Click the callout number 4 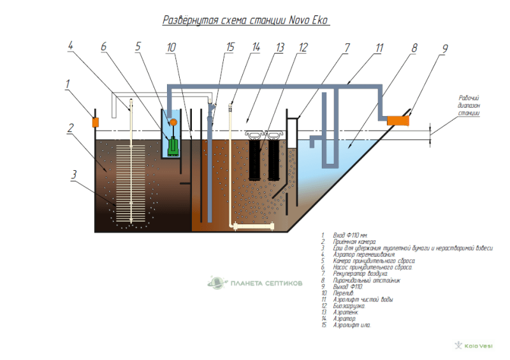70,45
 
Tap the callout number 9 446,48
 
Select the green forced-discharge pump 172,146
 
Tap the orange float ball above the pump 172,122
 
